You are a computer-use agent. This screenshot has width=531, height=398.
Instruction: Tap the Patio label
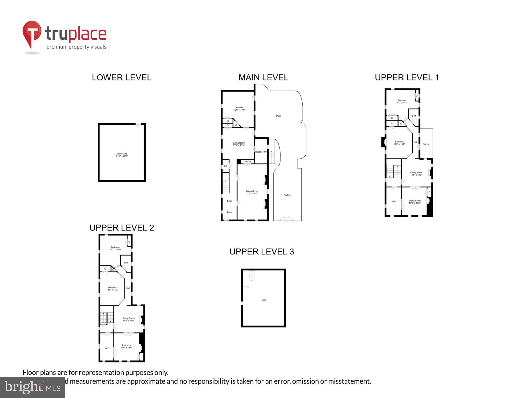278,116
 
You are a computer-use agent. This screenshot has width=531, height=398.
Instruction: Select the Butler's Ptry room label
261,152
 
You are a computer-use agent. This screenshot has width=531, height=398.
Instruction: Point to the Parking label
287,195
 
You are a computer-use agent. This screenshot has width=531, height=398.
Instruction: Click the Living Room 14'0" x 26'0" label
252,192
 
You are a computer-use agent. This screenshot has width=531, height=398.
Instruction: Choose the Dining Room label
239,144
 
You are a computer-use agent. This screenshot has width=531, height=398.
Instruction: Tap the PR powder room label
226,166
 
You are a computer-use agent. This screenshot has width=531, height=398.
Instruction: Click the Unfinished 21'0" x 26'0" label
122,155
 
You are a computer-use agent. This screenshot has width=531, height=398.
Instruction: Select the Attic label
264,300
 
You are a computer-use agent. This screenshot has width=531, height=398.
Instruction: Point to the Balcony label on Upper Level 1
427,144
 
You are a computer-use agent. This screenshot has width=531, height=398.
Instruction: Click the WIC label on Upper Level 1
394,202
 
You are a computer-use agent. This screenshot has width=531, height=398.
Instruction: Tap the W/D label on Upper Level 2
107,349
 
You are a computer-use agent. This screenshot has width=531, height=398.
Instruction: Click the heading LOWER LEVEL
122,77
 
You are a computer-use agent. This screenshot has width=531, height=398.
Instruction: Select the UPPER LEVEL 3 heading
262,252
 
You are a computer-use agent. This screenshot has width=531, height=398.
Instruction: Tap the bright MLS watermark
32,387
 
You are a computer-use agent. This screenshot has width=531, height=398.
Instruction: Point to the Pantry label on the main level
248,162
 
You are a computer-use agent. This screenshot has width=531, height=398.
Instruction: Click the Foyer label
230,212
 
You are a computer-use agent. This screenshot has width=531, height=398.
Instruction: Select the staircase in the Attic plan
251,276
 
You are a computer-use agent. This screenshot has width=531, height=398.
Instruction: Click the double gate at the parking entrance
287,219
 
